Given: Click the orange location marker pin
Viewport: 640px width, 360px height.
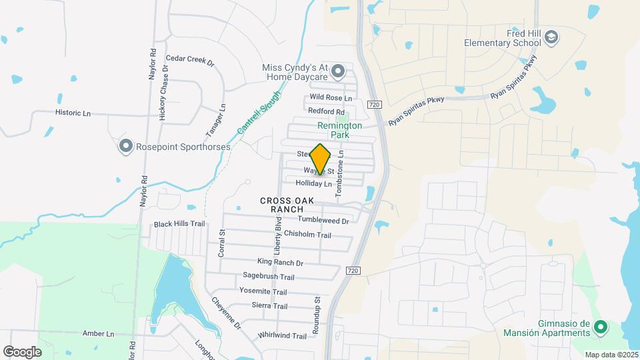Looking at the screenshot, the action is [x=321, y=159].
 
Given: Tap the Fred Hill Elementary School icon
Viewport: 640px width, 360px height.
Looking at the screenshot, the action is [x=551, y=39].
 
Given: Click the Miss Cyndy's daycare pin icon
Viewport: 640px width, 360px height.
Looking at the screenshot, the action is [x=338, y=70].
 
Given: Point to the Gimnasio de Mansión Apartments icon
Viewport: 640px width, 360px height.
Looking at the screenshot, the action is [x=599, y=327].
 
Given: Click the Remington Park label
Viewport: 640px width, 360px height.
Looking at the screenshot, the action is [x=339, y=129].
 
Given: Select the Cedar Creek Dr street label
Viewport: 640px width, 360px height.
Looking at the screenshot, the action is [x=190, y=60].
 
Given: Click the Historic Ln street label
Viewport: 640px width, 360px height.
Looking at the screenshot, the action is [x=73, y=113].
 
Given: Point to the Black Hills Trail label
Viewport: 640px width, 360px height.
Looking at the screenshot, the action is [x=179, y=224].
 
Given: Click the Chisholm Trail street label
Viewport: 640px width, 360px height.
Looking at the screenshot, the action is [x=307, y=235].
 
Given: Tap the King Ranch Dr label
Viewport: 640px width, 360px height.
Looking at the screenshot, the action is [x=280, y=263].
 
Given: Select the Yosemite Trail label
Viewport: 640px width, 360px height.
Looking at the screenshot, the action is [x=265, y=291].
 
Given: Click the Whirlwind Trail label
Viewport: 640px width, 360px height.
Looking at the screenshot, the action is [x=282, y=335].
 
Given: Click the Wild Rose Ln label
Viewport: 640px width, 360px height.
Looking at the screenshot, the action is [x=330, y=98].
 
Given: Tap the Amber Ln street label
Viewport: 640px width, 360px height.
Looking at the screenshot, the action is [x=99, y=333].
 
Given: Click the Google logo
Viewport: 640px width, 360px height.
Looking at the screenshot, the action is [x=22, y=351].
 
